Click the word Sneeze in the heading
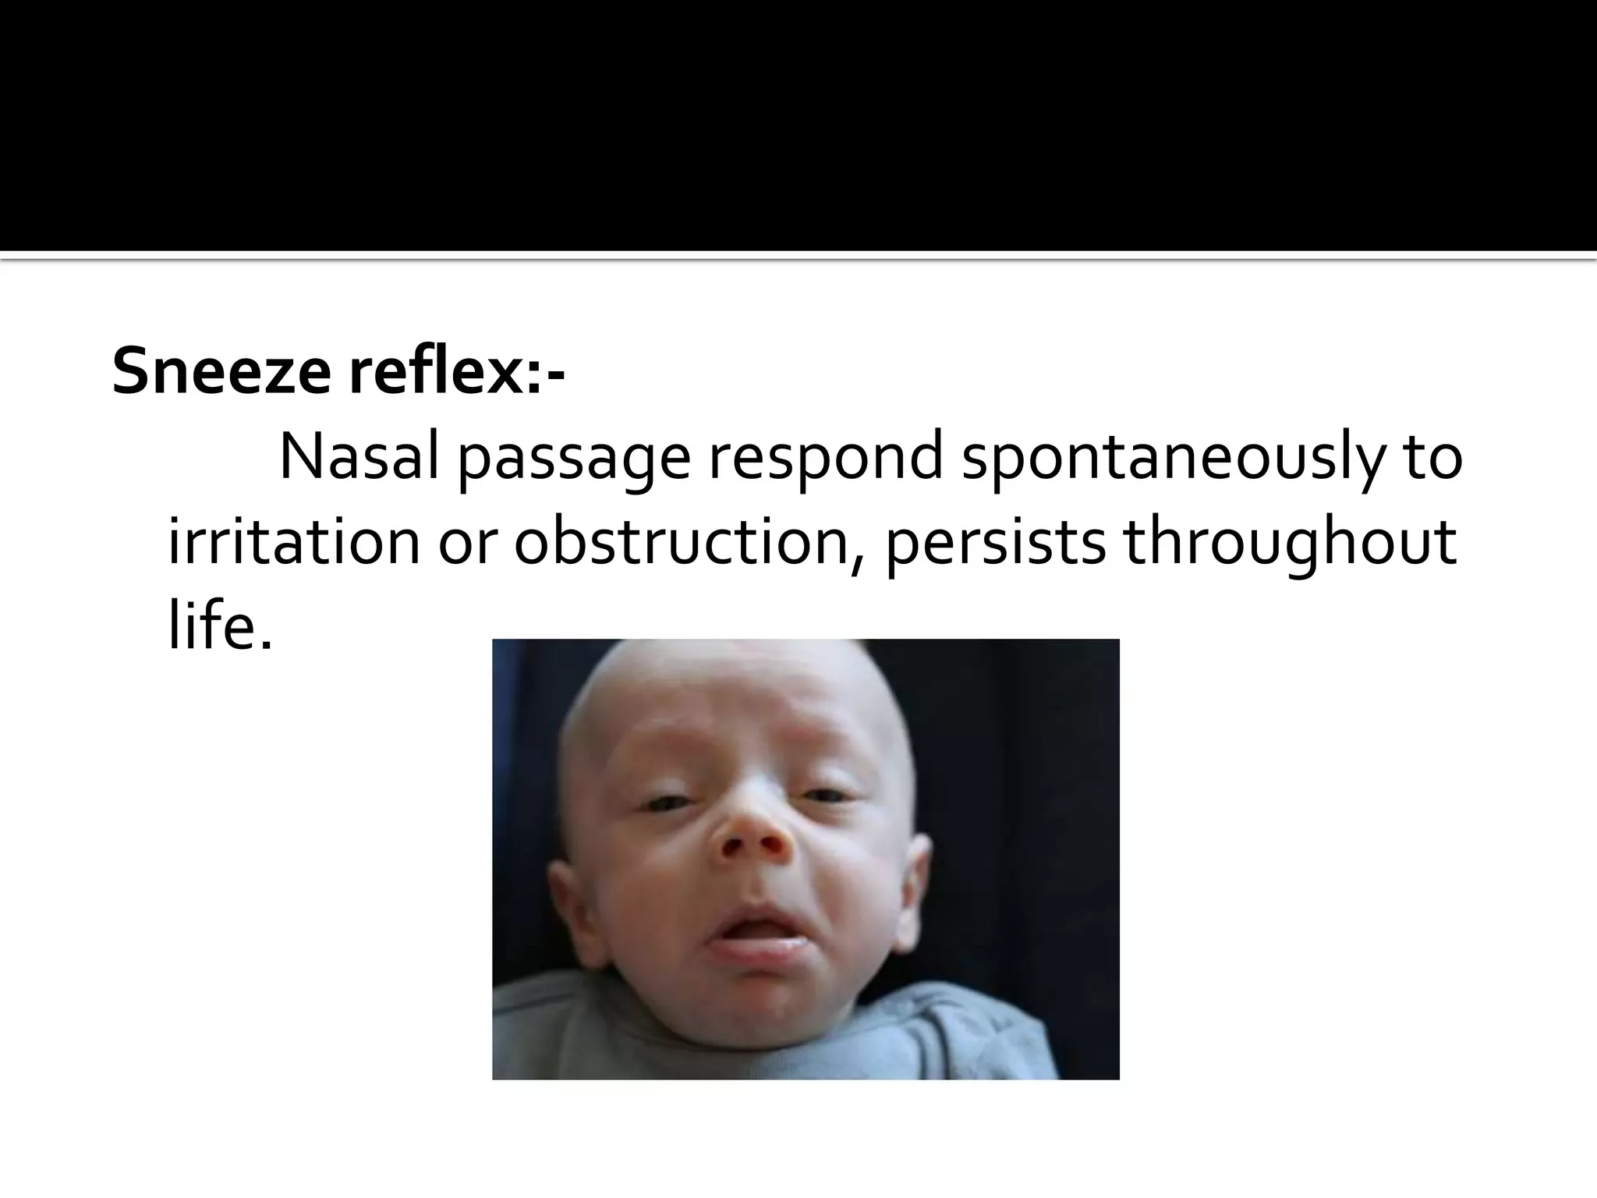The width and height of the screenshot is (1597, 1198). (x=221, y=371)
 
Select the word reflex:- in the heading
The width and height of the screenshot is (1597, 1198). (x=456, y=371)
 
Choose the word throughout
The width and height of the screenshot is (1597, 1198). (x=1290, y=543)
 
